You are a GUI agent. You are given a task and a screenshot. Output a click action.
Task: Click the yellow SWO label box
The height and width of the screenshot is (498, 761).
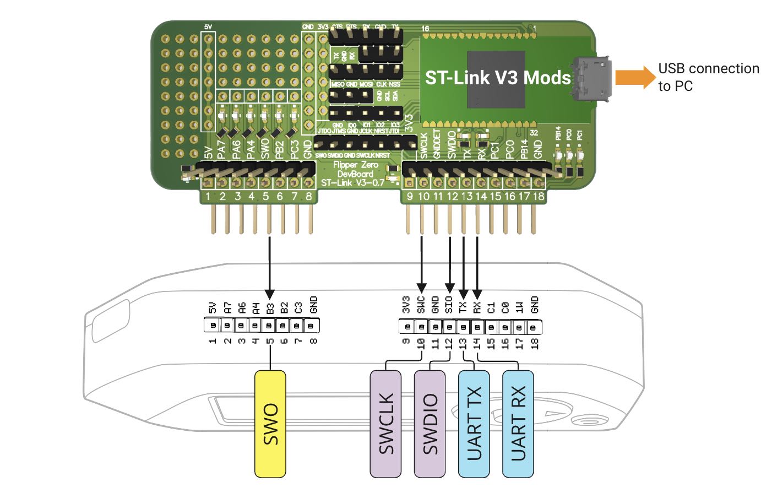270,424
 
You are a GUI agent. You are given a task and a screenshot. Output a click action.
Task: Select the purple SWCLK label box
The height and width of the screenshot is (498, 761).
385,424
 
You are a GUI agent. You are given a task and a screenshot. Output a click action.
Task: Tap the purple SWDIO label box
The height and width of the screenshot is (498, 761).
430,424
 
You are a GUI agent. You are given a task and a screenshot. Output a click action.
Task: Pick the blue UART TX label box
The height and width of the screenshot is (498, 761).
474,424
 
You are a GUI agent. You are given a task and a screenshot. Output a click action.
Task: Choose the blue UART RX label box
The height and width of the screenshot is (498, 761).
518,424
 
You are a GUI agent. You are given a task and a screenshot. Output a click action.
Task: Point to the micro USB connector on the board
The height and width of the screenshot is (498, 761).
593,79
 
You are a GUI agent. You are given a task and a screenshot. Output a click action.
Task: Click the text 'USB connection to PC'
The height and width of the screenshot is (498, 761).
708,77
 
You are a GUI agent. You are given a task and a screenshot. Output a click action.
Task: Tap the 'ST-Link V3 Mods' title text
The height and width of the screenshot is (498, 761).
497,78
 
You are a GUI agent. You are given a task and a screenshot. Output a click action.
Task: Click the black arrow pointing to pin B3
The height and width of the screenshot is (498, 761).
269,264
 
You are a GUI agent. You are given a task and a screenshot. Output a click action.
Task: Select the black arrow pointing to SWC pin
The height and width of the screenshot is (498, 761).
422,264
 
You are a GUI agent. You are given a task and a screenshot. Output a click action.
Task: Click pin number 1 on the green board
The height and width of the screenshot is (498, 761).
208,197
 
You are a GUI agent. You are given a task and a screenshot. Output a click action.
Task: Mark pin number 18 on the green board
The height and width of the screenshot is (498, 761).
539,197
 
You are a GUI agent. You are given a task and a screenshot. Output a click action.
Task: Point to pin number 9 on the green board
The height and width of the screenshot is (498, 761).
410,197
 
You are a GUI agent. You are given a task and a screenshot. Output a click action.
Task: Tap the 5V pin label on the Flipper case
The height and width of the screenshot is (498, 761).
213,308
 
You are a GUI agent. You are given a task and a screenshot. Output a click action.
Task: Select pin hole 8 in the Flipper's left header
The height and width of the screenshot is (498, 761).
312,326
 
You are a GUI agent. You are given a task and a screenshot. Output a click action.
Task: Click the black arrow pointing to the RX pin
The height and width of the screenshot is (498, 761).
477,264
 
